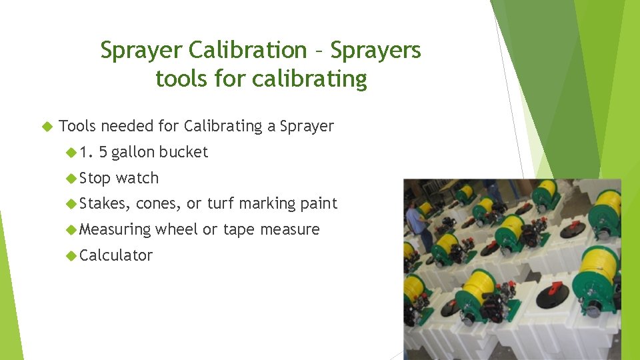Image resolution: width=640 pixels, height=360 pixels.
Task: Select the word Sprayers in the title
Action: pyautogui.click(x=376, y=50)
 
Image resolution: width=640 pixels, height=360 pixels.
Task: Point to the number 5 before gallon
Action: pyautogui.click(x=103, y=152)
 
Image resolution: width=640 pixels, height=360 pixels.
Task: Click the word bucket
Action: pyautogui.click(x=185, y=152)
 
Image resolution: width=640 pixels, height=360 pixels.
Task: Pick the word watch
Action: pyautogui.click(x=137, y=178)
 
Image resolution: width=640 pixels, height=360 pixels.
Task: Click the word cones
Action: pyautogui.click(x=159, y=203)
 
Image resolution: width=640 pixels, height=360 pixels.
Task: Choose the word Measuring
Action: pyautogui.click(x=115, y=230)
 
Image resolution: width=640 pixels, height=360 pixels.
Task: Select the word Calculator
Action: pyautogui.click(x=116, y=255)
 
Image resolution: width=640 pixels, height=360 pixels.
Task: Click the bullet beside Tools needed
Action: pyautogui.click(x=46, y=126)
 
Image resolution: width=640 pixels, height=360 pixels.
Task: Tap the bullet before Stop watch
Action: pyautogui.click(x=71, y=178)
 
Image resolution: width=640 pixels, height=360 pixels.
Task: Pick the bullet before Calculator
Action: pyautogui.click(x=71, y=255)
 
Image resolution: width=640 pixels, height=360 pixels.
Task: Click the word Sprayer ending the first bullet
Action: pyautogui.click(x=307, y=127)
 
